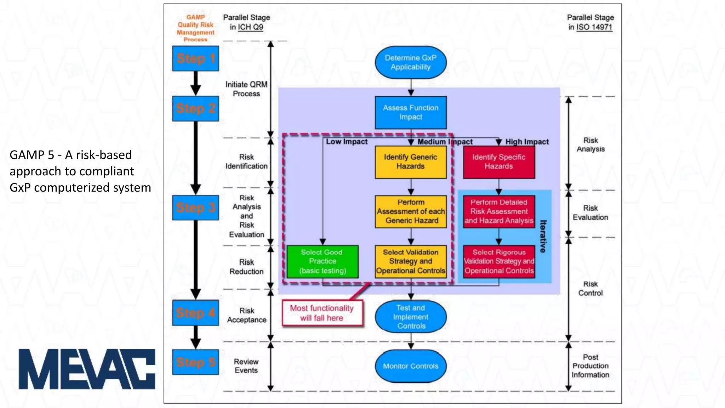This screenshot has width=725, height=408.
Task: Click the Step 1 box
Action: tap(195, 58)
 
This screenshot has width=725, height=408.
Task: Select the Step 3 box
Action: tap(195, 208)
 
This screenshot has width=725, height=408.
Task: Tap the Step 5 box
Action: tap(195, 362)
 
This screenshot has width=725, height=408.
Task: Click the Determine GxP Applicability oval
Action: tap(411, 62)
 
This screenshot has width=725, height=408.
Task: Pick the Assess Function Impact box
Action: tap(411, 112)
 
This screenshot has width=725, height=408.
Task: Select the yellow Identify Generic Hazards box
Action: tap(411, 162)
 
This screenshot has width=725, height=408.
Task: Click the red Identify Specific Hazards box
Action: tap(499, 162)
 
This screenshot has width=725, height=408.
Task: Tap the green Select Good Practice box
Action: tap(322, 261)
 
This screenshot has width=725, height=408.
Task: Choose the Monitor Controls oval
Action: tap(411, 366)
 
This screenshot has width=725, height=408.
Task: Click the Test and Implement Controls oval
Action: tap(411, 317)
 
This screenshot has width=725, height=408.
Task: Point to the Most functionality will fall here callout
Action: tap(322, 313)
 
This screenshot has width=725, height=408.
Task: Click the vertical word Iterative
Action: tap(543, 236)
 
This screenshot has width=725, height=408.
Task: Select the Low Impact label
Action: tap(347, 142)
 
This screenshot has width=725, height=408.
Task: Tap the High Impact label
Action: tap(527, 142)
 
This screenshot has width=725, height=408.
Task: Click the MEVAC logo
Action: tap(87, 369)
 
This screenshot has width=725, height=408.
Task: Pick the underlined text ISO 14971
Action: tap(594, 27)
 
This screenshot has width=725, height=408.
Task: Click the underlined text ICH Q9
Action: tap(250, 27)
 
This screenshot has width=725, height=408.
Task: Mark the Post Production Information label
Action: tap(590, 366)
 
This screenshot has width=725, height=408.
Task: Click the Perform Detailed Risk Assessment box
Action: tap(499, 211)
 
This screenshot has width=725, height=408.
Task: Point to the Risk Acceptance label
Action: tap(247, 315)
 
